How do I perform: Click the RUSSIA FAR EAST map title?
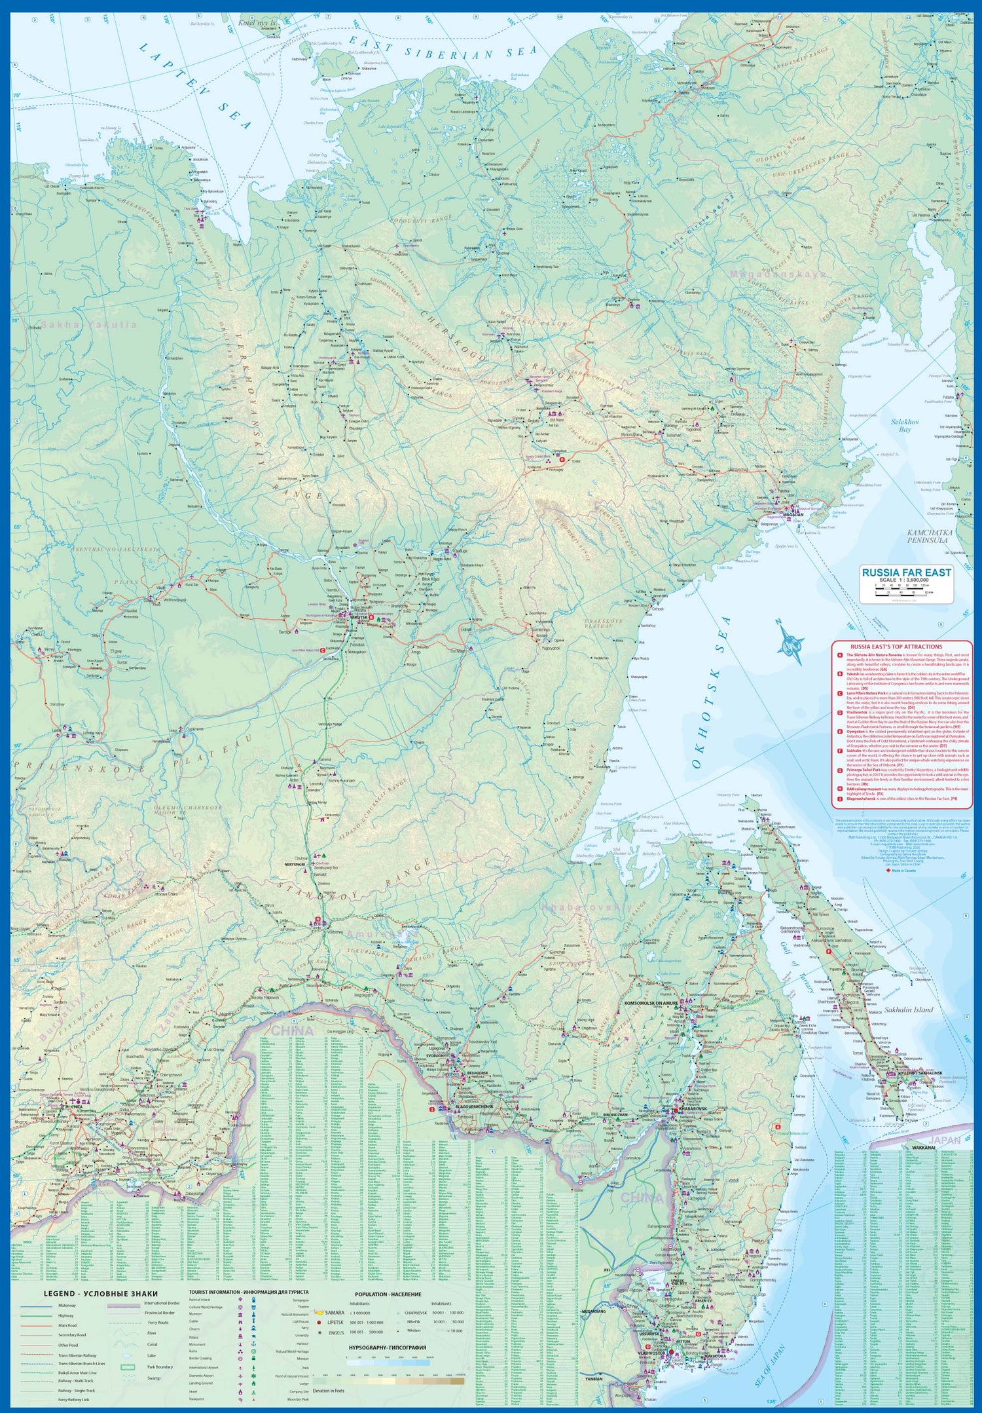coord(906,572)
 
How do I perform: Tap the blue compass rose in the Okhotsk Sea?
coord(791,641)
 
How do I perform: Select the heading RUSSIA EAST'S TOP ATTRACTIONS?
coord(896,647)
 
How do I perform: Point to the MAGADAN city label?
coord(793,514)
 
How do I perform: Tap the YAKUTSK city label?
coord(359,617)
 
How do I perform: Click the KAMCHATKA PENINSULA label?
coord(930,536)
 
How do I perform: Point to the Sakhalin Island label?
coord(909,1009)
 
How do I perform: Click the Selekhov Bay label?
coord(905,425)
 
